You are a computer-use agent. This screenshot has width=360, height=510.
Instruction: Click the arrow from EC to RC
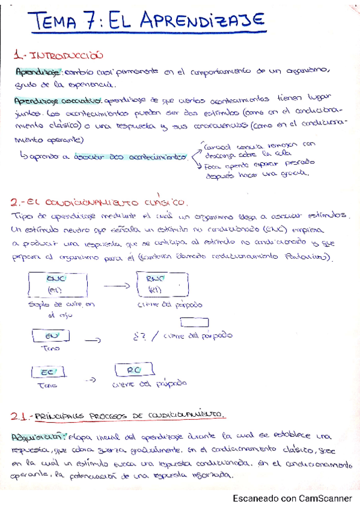pyautogui.click(x=90, y=380)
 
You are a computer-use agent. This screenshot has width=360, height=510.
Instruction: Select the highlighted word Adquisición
pyautogui.click(x=38, y=435)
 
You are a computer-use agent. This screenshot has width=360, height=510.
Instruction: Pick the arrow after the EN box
pyautogui.click(x=93, y=340)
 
